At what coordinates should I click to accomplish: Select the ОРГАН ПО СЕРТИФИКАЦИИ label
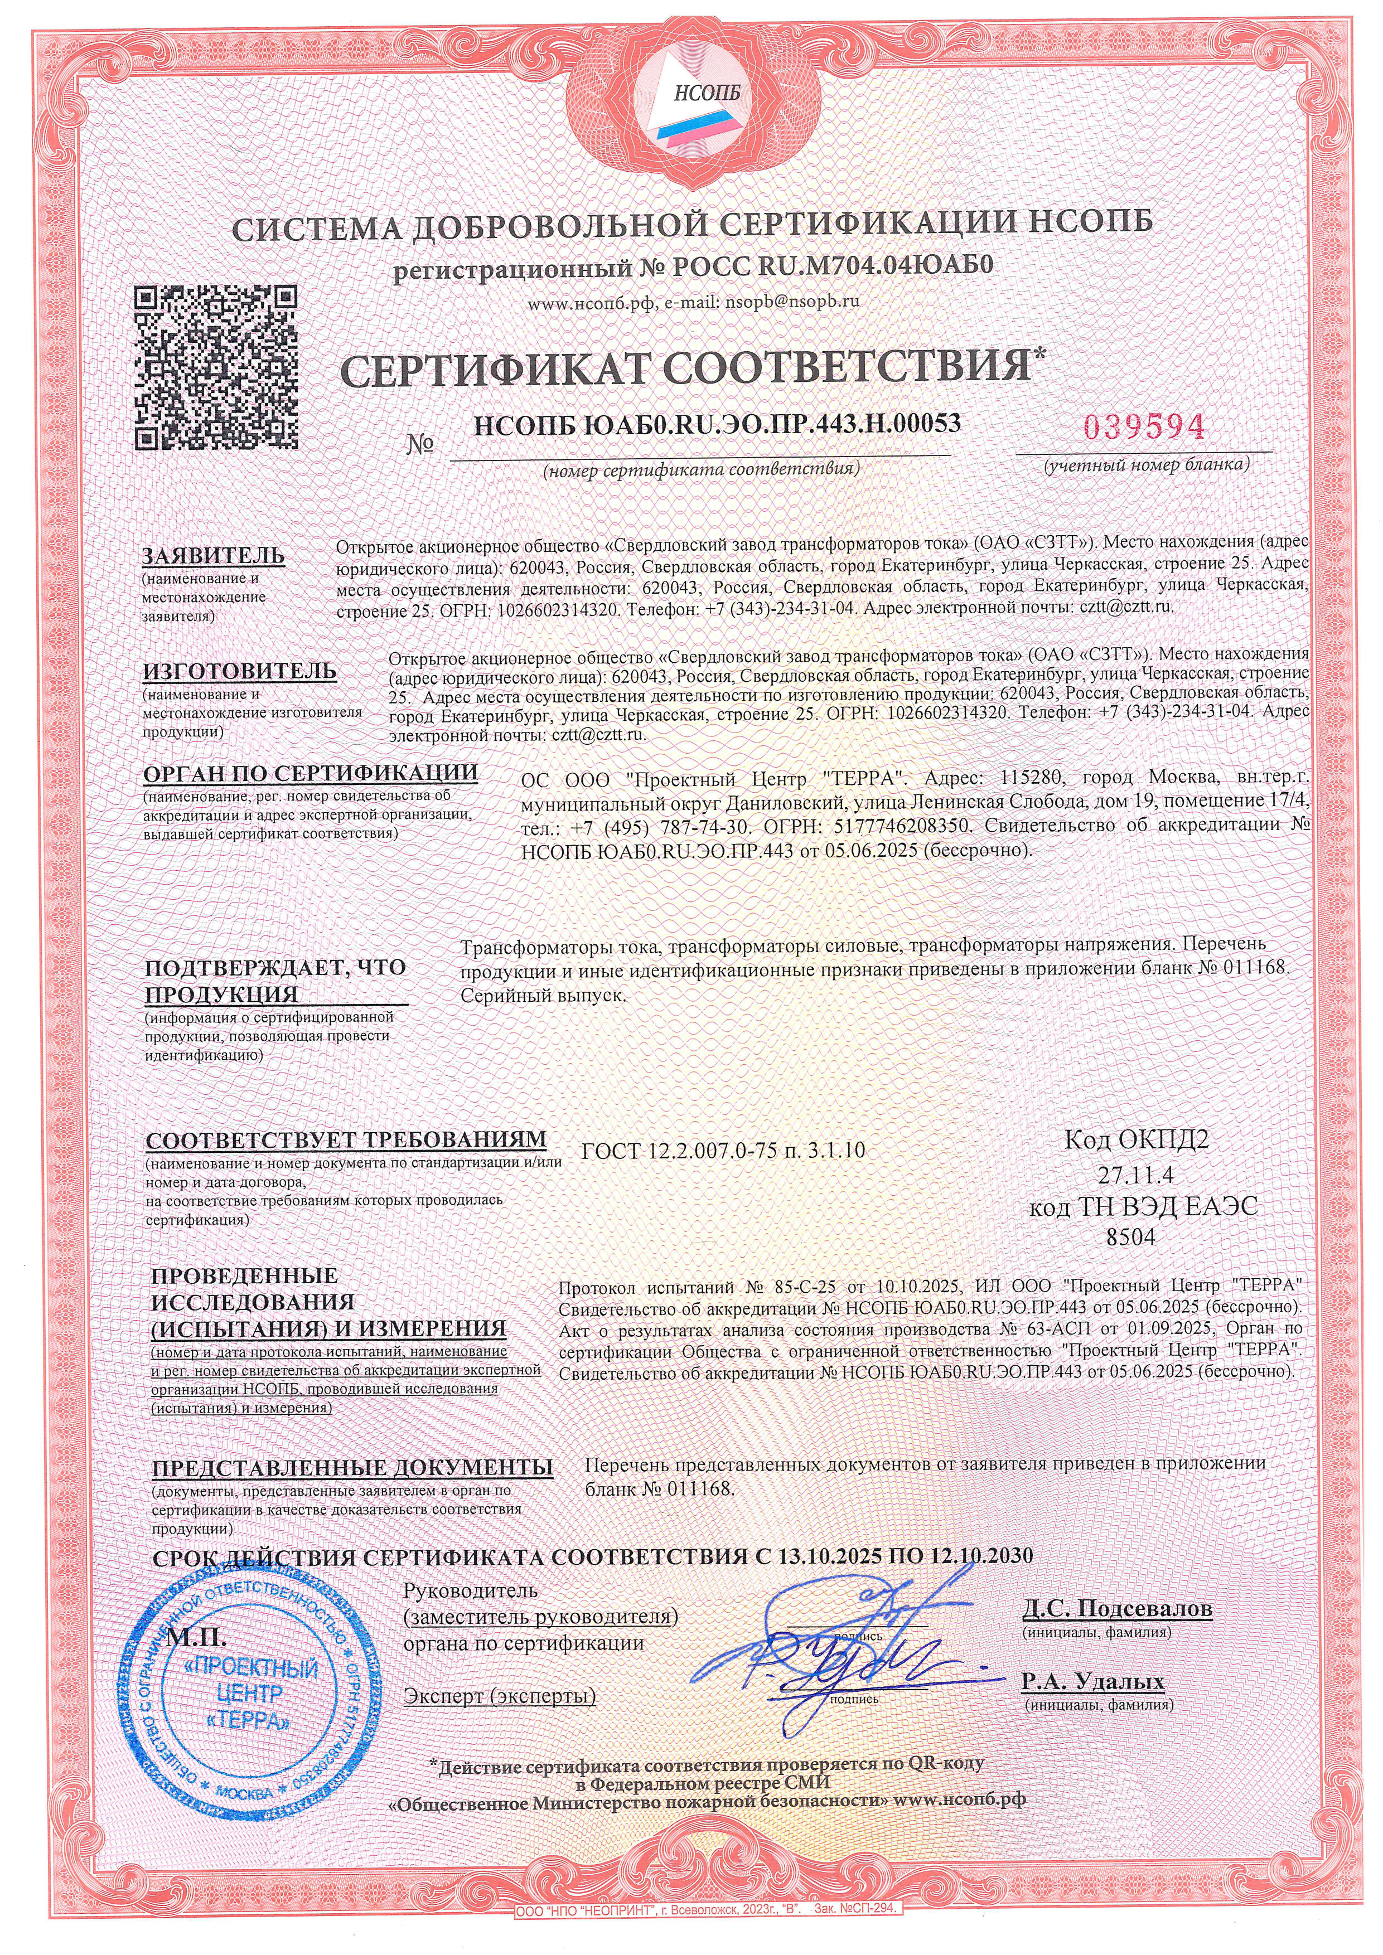[x=311, y=773]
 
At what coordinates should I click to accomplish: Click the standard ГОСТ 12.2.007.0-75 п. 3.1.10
[x=723, y=1151]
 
